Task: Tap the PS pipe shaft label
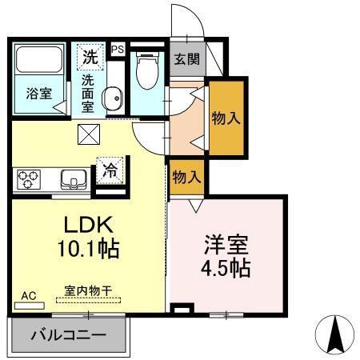click(x=118, y=49)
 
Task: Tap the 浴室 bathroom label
click(x=38, y=93)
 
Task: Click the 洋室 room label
click(x=226, y=242)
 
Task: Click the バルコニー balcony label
click(x=68, y=334)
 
